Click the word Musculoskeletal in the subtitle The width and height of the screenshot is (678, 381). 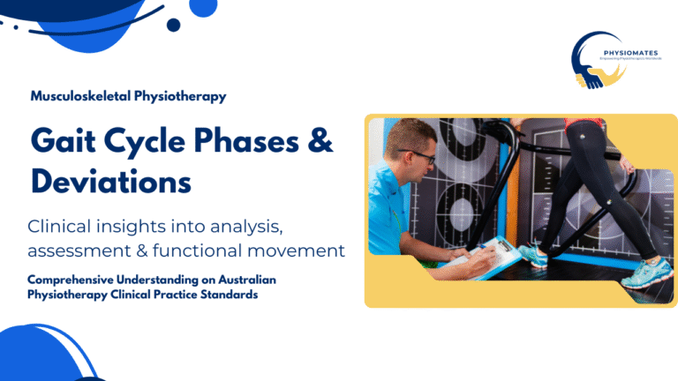click(75, 97)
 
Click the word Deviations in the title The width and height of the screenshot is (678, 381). click(111, 181)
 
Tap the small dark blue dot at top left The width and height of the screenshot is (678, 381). click(173, 25)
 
